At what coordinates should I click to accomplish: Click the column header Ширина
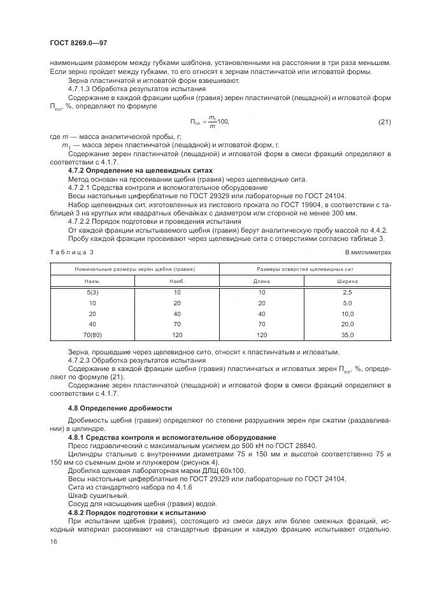[x=347, y=280]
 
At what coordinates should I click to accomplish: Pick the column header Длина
[x=262, y=280]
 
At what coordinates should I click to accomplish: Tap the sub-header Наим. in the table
[x=92, y=280]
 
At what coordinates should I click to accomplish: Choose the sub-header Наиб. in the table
[x=177, y=280]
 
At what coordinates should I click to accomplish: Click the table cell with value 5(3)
[x=92, y=292]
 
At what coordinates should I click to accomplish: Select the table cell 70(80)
[x=92, y=335]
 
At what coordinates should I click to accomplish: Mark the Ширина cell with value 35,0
[x=347, y=335]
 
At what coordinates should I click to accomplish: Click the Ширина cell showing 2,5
[x=347, y=292]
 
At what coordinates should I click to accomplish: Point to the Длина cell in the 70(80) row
[x=262, y=335]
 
